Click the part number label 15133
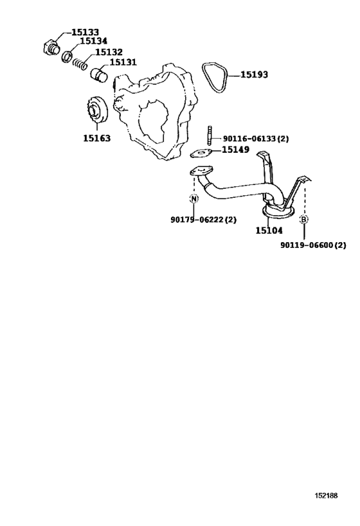click(85, 32)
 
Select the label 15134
click(94, 41)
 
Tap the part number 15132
click(109, 52)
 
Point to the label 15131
click(123, 62)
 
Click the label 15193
click(254, 75)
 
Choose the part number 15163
click(96, 138)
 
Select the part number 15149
click(235, 150)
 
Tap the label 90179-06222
click(197, 220)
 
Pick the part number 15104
click(269, 231)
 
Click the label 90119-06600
click(307, 245)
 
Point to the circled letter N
click(194, 198)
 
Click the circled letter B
click(303, 220)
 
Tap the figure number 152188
click(326, 495)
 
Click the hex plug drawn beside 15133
click(51, 48)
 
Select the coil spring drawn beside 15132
click(80, 63)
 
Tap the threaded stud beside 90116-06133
click(210, 136)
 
